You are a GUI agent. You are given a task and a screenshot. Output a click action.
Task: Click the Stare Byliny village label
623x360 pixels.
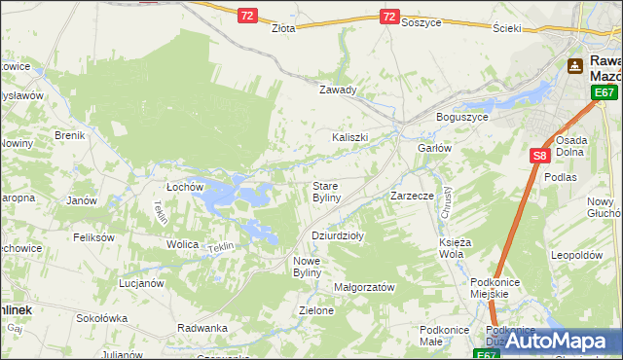[325, 191]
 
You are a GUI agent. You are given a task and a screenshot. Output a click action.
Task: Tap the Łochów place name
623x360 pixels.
[184, 186]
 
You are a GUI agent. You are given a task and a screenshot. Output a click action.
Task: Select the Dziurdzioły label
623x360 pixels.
[337, 235]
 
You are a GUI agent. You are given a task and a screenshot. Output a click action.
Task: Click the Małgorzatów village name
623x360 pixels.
[363, 287]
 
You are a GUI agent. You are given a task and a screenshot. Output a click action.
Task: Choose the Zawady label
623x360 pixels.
[339, 90]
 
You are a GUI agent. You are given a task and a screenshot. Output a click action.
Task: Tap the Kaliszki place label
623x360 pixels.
[349, 137]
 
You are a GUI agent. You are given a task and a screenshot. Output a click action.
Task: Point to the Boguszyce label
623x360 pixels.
[461, 118]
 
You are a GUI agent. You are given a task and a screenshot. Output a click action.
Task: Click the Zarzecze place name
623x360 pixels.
[412, 196]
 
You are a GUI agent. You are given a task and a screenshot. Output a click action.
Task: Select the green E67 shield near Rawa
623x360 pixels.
[605, 92]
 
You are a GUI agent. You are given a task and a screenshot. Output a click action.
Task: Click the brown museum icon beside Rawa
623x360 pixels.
[575, 66]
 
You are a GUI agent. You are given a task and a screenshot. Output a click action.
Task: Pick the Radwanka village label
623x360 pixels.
[202, 328]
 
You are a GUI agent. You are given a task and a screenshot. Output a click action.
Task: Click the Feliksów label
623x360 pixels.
[94, 237]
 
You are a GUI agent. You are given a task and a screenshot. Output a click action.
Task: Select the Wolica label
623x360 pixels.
[182, 244]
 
